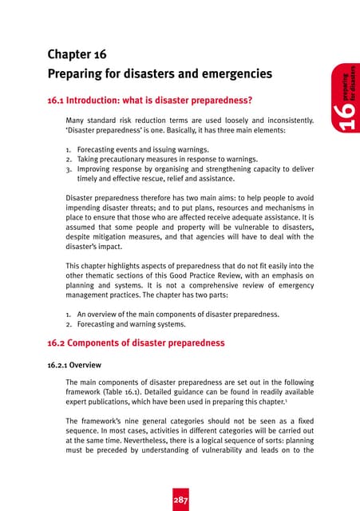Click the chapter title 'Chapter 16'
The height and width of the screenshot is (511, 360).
pyautogui.click(x=77, y=55)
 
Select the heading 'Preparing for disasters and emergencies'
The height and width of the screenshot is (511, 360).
pyautogui.click(x=160, y=74)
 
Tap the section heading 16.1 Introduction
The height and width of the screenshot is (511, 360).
pyautogui.click(x=150, y=101)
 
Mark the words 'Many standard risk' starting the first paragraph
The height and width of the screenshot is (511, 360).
pyautogui.click(x=101, y=121)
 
